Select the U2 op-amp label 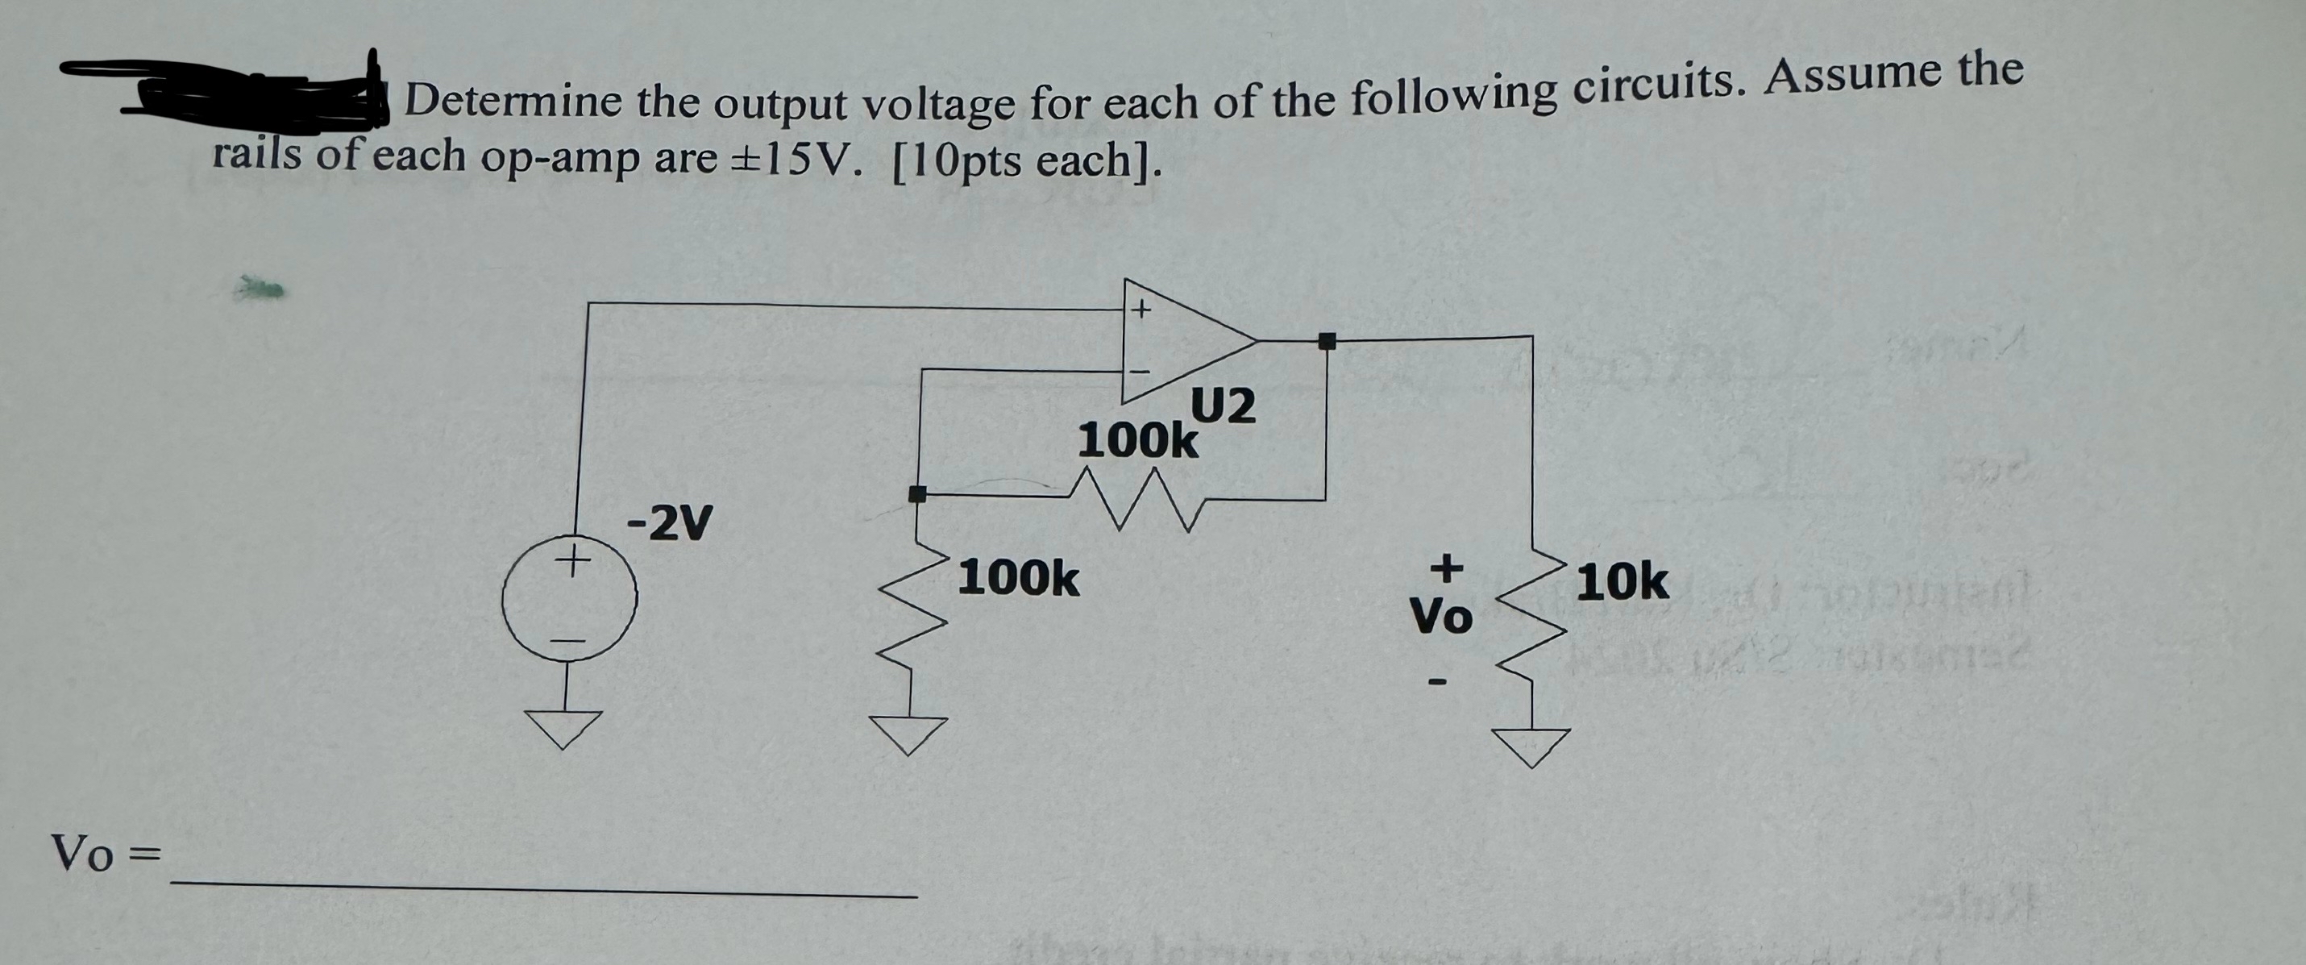1223,407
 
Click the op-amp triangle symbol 1182,340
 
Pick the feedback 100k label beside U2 1137,440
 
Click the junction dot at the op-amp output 1327,340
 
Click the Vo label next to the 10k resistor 1440,616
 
